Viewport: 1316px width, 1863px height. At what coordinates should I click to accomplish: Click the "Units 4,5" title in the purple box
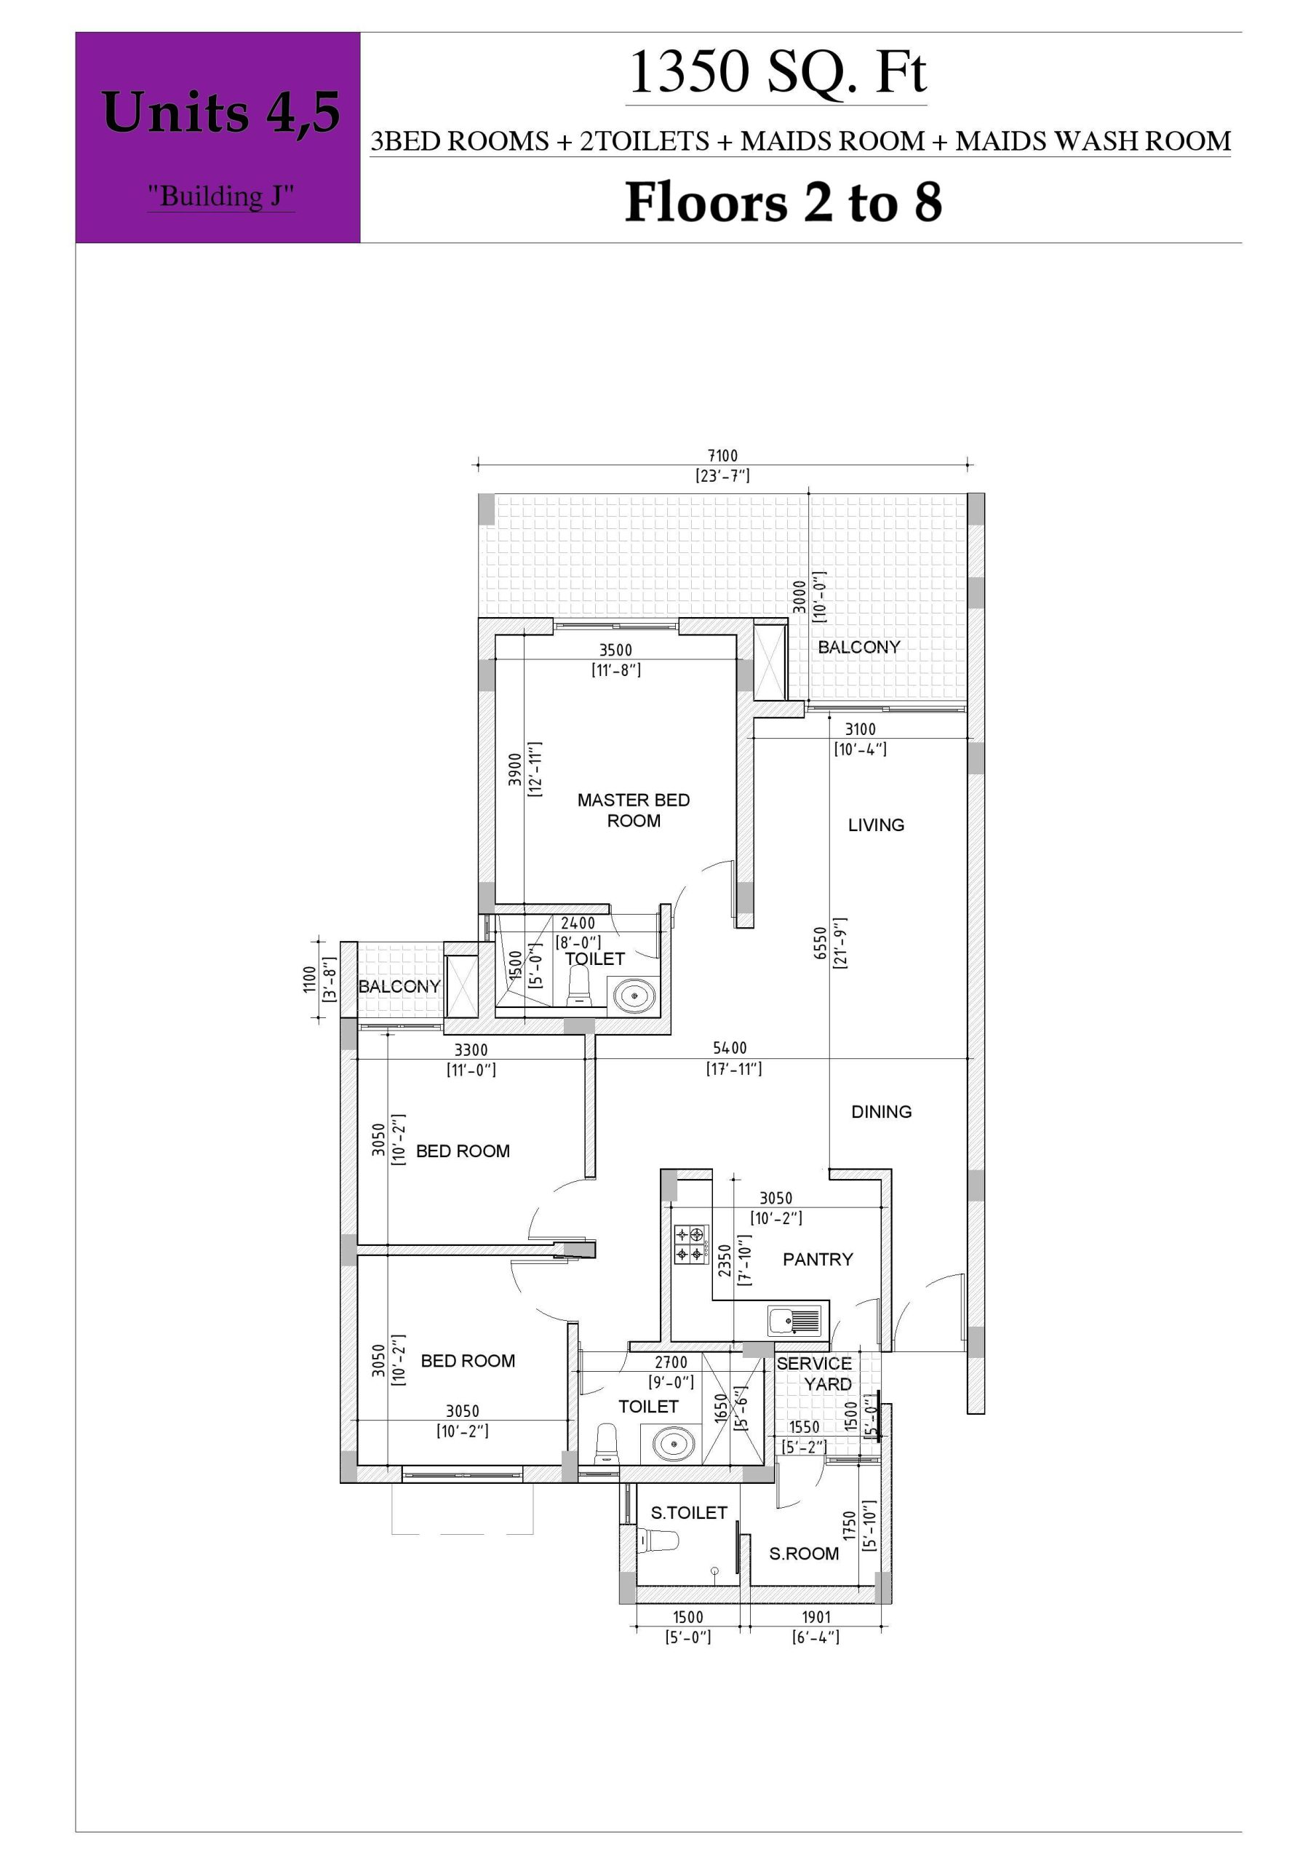click(x=220, y=112)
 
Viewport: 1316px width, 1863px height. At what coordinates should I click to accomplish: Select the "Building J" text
click(x=220, y=196)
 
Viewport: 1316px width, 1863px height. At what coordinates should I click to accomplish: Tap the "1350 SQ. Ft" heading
click(x=776, y=72)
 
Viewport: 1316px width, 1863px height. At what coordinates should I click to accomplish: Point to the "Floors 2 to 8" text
click(x=783, y=202)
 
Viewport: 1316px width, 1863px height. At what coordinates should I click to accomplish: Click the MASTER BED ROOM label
click(x=634, y=810)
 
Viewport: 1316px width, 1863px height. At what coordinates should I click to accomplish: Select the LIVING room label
click(x=877, y=825)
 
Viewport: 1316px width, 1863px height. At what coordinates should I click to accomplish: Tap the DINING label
click(x=881, y=1112)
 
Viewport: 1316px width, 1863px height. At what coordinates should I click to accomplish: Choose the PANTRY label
click(x=818, y=1259)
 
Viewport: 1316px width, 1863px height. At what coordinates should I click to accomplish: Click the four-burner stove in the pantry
click(x=691, y=1244)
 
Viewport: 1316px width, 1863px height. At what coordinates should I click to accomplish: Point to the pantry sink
click(x=794, y=1322)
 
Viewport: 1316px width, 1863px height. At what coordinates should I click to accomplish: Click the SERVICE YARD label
click(x=815, y=1374)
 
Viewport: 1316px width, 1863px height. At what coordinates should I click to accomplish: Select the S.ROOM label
click(x=804, y=1554)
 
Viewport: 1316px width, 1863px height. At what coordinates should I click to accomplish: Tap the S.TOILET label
click(x=689, y=1512)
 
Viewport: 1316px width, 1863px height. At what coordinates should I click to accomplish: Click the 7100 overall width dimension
click(x=723, y=456)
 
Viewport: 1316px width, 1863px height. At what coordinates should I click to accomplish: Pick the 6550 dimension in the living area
click(x=821, y=943)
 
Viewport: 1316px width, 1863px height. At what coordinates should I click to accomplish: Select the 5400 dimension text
click(x=730, y=1049)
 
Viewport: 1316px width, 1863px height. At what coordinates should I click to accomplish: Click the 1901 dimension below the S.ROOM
click(x=816, y=1617)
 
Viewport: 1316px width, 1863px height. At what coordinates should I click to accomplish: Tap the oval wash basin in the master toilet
click(x=633, y=993)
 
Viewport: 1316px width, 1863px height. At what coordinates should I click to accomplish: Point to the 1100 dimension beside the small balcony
click(x=309, y=980)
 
